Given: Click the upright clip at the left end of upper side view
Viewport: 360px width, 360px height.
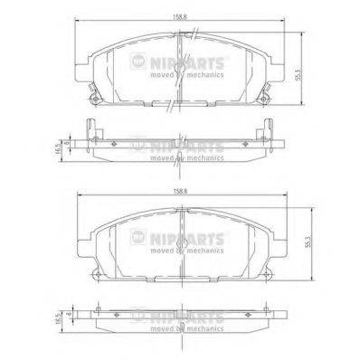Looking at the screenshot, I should (x=87, y=132).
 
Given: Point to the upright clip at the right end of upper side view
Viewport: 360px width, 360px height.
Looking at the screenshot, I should (x=269, y=132).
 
